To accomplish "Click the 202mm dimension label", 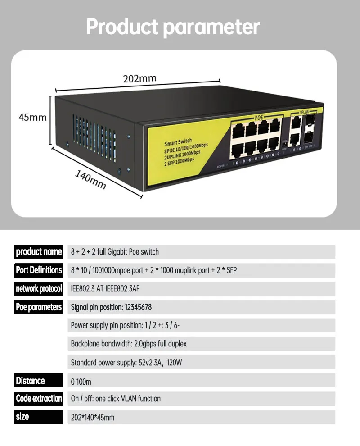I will pyautogui.click(x=140, y=78).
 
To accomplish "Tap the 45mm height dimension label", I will pyautogui.click(x=32, y=117).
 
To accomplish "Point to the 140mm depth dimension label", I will pyautogui.click(x=90, y=180).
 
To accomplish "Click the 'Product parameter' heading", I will pyautogui.click(x=173, y=27).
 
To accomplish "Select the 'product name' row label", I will pyautogui.click(x=39, y=251).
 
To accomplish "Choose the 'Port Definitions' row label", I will pyautogui.click(x=39, y=270).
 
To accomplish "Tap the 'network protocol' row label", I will pyautogui.click(x=39, y=289).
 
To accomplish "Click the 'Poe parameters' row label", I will pyautogui.click(x=39, y=307).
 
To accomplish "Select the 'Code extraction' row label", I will pyautogui.click(x=39, y=399).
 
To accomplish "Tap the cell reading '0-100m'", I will pyautogui.click(x=81, y=382).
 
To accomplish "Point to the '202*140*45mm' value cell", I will pyautogui.click(x=93, y=418).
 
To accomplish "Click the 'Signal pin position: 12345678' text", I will pyautogui.click(x=111, y=308).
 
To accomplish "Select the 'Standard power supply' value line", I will pyautogui.click(x=126, y=362).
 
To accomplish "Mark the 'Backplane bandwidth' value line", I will pyautogui.click(x=129, y=344).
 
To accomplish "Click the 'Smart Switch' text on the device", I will pyautogui.click(x=178, y=141).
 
